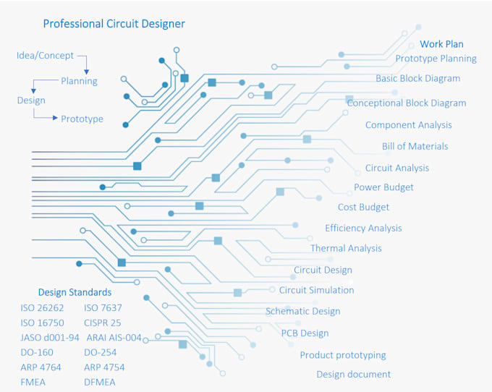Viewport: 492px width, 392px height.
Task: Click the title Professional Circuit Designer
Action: point(114,24)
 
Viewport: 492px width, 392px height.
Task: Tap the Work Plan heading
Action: point(441,44)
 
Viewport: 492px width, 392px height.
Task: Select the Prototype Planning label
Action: point(436,59)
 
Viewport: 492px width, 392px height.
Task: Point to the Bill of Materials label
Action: point(415,146)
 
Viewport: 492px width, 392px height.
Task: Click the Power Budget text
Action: point(383,187)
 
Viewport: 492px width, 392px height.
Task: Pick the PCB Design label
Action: point(305,333)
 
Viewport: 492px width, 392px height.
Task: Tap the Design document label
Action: point(353,375)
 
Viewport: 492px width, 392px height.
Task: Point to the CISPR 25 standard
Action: point(102,323)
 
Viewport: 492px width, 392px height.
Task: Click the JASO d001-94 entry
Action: point(50,338)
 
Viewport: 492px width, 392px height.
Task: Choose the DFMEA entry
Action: point(99,382)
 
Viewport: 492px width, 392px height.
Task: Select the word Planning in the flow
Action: point(79,81)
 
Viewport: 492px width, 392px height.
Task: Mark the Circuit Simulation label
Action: point(316,290)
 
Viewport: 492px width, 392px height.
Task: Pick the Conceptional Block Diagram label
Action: point(406,103)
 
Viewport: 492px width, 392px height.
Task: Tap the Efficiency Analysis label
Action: point(363,229)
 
